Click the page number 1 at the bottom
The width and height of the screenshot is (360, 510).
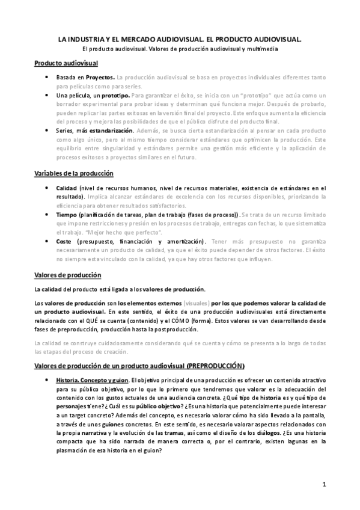324,484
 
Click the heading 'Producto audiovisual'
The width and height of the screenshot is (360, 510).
66,64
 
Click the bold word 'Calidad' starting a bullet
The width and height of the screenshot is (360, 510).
67,188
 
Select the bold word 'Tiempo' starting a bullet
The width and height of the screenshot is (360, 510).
67,214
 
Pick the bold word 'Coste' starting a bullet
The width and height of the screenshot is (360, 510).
65,241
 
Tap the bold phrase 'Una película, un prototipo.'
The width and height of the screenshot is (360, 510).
92,95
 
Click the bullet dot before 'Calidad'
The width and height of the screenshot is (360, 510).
47,188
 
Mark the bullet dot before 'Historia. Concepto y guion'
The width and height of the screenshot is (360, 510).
47,380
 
